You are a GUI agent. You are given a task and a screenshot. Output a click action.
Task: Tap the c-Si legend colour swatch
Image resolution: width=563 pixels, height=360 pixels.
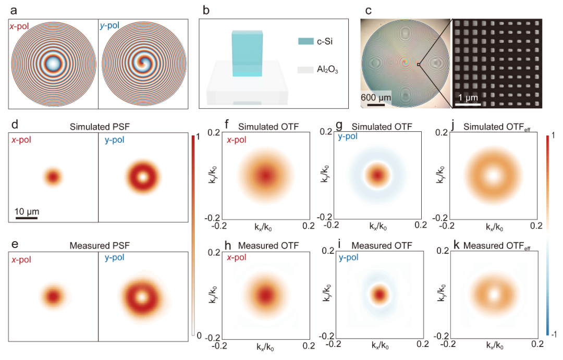pyautogui.click(x=304, y=41)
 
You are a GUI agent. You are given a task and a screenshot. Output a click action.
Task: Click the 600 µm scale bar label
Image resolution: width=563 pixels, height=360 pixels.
pyautogui.click(x=376, y=97)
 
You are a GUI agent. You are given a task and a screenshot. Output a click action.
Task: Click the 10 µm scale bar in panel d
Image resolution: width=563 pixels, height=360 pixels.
pyautogui.click(x=26, y=218)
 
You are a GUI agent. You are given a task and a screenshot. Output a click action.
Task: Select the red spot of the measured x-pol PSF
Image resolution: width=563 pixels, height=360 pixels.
pyautogui.click(x=53, y=296)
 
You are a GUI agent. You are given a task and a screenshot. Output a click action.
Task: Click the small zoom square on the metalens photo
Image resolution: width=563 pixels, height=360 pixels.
pyautogui.click(x=418, y=65)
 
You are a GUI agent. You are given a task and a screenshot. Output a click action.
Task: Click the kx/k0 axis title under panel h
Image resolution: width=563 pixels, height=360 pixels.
pyautogui.click(x=266, y=346)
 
